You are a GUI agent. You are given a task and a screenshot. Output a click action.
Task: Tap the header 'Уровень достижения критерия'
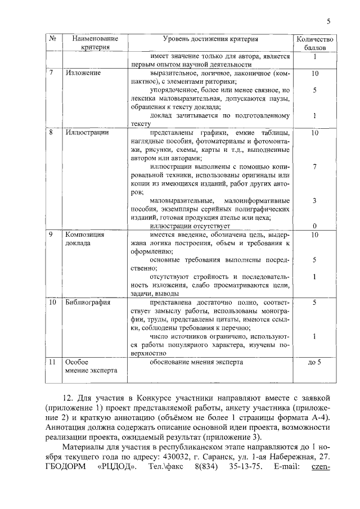(x=210, y=39)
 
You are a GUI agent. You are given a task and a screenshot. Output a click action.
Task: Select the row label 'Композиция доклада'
(x=82, y=240)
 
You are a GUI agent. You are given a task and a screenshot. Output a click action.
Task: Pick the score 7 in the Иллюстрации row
(x=315, y=167)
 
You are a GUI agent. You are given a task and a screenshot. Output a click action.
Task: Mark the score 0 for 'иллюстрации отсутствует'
(x=315, y=226)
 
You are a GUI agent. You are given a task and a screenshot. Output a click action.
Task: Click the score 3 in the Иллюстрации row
(x=315, y=201)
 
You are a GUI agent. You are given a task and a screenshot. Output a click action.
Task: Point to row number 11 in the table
(x=52, y=362)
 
